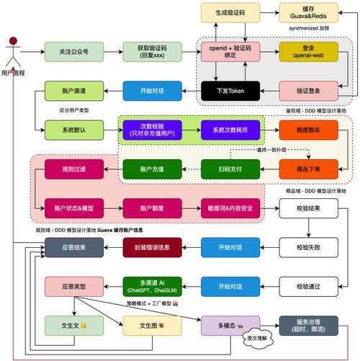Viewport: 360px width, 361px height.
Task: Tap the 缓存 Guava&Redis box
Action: (308, 12)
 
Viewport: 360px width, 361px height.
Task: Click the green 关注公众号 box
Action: (67, 52)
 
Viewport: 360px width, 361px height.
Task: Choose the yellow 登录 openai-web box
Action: (308, 52)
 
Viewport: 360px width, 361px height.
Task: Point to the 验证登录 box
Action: (308, 92)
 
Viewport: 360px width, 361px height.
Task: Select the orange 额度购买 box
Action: (308, 130)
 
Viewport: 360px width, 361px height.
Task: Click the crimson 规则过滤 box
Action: (67, 169)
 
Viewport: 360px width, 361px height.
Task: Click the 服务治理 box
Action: (308, 326)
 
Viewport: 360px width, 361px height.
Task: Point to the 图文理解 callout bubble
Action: (257, 337)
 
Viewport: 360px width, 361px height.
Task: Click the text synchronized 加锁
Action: (308, 28)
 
